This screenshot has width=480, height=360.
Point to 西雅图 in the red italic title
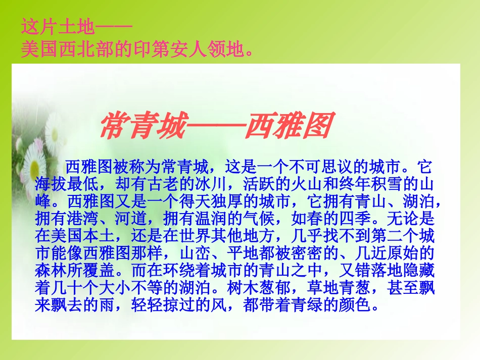tap(288, 126)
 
